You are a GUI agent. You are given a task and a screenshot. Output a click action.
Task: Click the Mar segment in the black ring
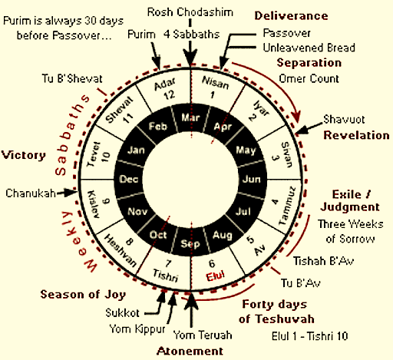190,117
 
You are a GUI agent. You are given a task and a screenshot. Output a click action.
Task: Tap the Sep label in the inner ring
190,243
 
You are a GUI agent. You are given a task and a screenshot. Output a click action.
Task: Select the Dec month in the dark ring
129,179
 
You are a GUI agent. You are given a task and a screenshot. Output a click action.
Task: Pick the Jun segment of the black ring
252,179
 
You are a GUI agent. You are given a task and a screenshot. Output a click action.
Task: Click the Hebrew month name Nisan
216,82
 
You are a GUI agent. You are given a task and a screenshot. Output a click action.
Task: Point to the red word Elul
216,276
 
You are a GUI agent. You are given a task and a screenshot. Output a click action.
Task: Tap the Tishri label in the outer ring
166,276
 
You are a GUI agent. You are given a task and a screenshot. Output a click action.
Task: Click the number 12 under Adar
169,95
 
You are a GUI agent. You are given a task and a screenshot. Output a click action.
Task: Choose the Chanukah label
31,193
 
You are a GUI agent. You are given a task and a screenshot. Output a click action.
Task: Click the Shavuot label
344,119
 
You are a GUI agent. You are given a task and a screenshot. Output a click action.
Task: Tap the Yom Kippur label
137,329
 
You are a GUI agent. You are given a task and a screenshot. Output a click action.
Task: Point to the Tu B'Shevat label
72,78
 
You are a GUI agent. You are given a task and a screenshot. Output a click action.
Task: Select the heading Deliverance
291,16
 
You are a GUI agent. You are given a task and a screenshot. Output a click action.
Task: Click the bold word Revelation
356,135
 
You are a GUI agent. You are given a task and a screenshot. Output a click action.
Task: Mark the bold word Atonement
190,351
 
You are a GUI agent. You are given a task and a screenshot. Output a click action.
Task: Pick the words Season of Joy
83,295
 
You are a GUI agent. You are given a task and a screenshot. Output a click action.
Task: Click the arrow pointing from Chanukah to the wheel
67,193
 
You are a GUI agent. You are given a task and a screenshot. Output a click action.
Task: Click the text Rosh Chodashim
190,12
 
